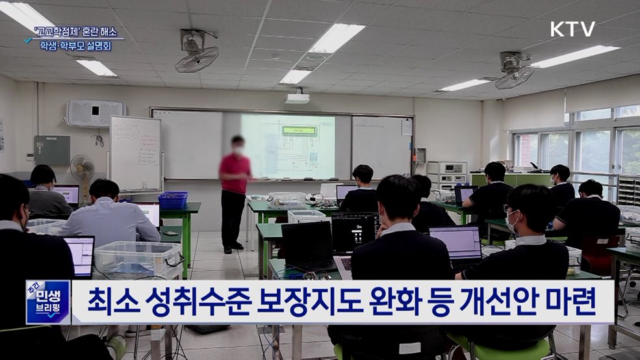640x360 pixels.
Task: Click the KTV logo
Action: coord(572,29)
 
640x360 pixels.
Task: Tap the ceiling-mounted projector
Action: coord(298,98)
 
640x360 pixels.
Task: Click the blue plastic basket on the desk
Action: coord(172,200)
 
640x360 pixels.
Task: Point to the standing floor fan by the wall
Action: coord(83,170)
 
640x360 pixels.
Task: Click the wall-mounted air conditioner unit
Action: coord(95,113)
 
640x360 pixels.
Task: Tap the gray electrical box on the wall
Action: coord(52,150)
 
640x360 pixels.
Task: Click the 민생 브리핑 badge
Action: coord(47,302)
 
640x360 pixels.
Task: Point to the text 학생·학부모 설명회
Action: coord(75,46)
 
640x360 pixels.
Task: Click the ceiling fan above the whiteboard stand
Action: coord(196,52)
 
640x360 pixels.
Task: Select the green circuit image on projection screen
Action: coord(298,131)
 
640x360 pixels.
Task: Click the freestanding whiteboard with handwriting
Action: coord(135,153)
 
